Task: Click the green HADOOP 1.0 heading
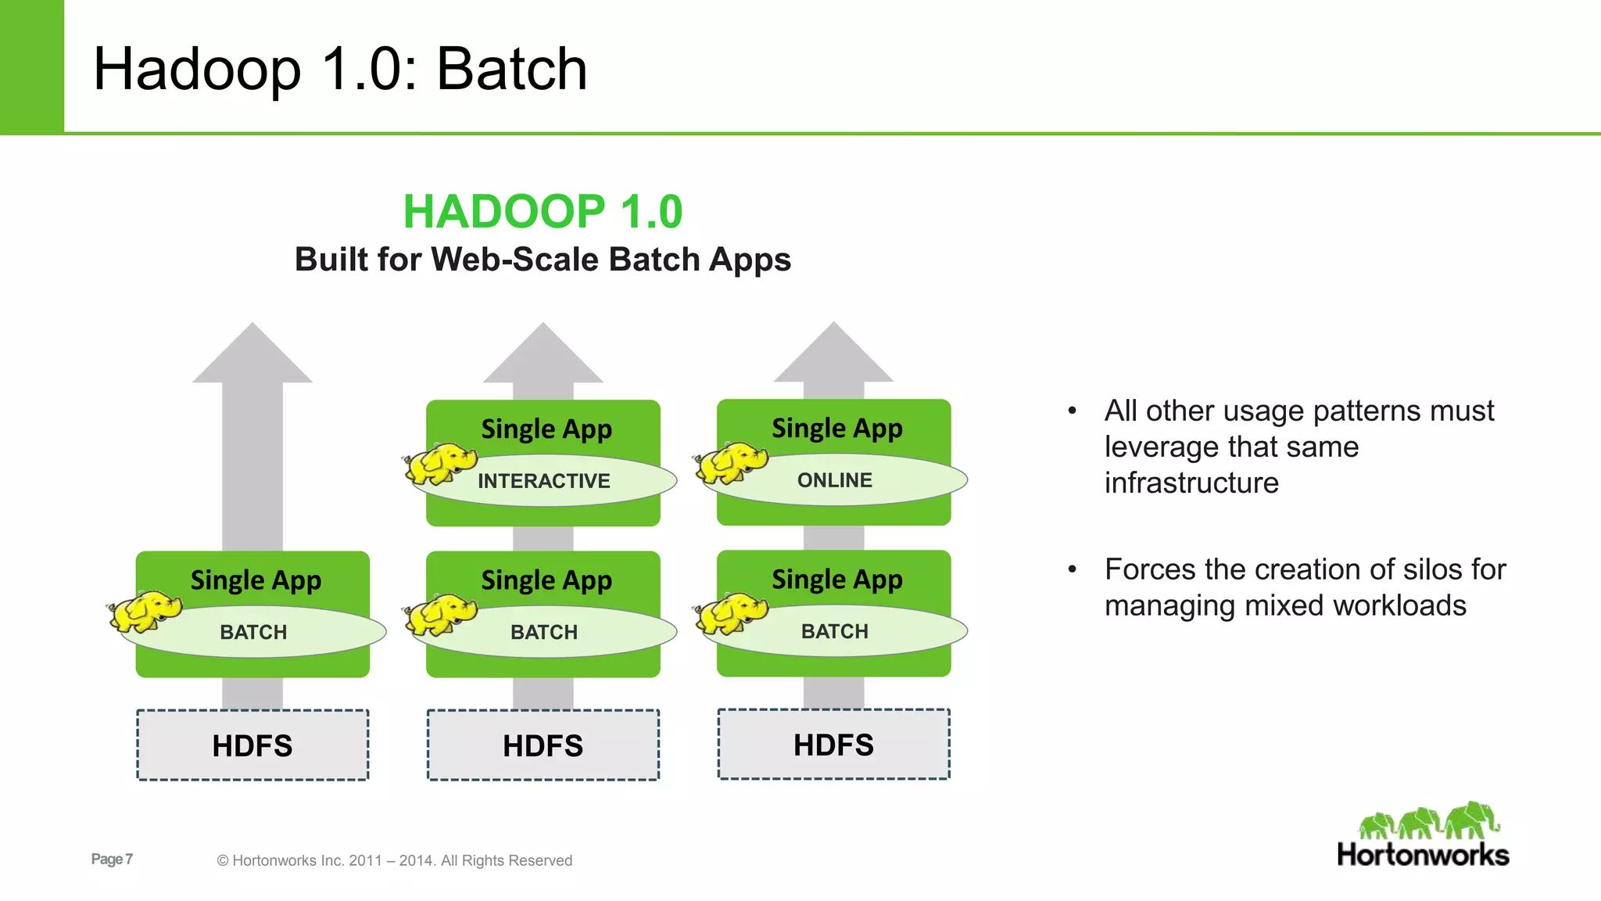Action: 543,212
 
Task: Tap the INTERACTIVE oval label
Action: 544,481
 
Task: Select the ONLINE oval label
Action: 835,480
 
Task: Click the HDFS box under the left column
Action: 253,745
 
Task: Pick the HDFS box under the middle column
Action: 543,745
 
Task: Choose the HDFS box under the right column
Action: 834,745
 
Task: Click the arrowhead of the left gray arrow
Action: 253,356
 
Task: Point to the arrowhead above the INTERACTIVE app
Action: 543,356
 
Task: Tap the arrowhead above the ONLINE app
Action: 834,355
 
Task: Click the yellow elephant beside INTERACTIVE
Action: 440,464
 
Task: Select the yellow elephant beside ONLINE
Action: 731,463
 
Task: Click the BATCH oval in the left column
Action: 253,632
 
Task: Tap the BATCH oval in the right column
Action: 835,631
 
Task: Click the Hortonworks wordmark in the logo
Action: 1423,855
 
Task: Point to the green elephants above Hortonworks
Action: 1429,821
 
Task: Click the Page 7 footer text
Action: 112,859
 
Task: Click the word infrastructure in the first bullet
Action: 1191,483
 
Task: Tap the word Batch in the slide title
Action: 511,69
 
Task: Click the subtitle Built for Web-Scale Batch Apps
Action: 543,260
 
